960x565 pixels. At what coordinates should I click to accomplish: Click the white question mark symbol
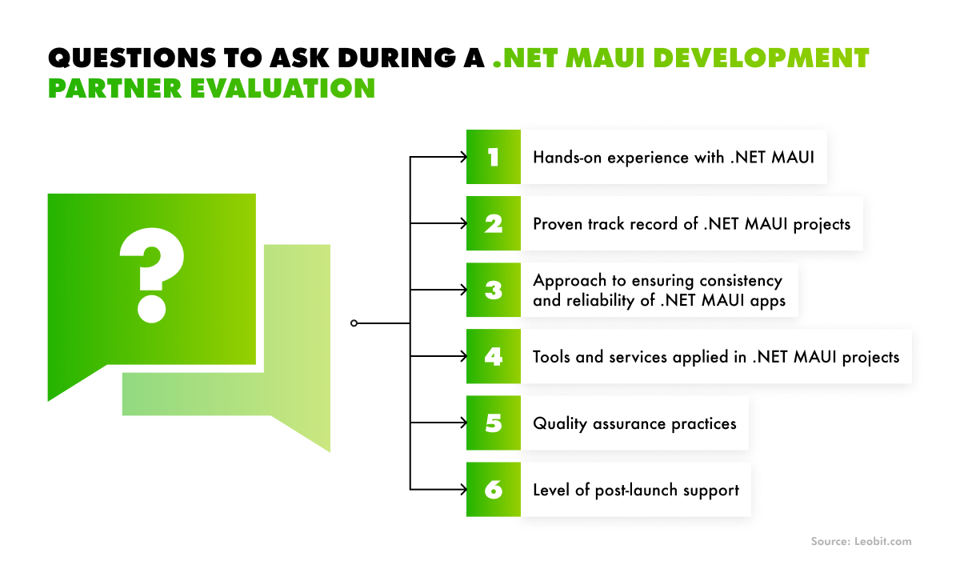click(152, 274)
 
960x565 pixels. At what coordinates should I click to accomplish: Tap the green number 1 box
click(494, 157)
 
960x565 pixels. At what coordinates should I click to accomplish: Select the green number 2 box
click(494, 223)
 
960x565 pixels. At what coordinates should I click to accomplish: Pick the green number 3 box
click(494, 290)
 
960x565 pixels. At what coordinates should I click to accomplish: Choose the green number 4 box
click(494, 356)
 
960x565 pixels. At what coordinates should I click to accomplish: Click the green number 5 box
click(494, 423)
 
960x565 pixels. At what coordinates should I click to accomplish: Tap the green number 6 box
click(494, 489)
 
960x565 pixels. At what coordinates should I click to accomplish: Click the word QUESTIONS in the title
click(132, 58)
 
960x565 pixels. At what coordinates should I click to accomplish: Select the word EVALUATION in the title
click(282, 88)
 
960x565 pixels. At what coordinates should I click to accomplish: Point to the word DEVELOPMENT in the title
click(761, 58)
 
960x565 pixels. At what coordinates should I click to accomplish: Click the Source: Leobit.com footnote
click(861, 542)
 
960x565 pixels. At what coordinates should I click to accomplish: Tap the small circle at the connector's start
click(354, 323)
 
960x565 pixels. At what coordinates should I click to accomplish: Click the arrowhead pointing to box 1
click(463, 157)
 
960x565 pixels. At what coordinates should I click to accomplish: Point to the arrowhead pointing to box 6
click(463, 489)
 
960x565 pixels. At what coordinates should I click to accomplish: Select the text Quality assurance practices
click(634, 423)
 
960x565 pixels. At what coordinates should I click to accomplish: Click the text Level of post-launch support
click(636, 490)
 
